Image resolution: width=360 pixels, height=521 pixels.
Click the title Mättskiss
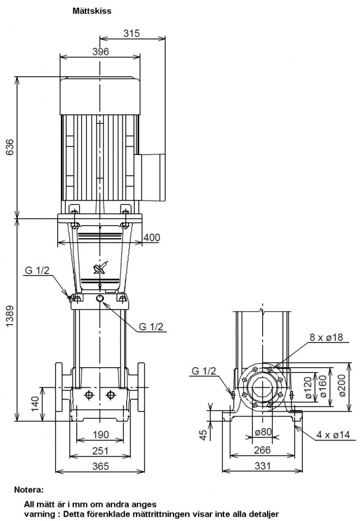coord(92,11)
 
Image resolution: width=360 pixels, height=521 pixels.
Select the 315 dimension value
coord(132,33)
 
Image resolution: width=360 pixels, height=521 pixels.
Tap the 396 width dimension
coord(100,52)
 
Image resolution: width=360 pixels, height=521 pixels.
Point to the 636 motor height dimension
coord(10,147)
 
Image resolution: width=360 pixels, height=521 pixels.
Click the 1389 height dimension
coord(10,316)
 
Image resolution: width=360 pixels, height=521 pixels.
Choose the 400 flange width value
coord(151,237)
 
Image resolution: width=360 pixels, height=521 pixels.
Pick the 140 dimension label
coord(36,404)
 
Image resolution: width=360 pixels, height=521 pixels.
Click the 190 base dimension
coord(100,435)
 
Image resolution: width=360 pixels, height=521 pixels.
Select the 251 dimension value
coord(100,450)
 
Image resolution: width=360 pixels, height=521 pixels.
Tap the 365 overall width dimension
coord(100,466)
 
